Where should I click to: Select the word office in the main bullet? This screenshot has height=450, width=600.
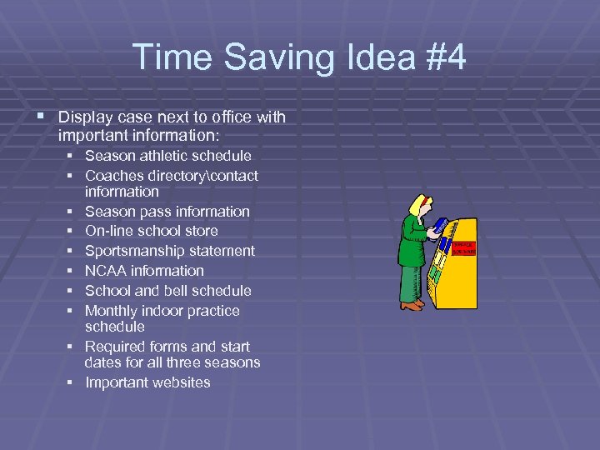234,117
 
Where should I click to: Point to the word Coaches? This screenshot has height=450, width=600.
112,176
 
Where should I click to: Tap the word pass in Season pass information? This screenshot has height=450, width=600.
151,212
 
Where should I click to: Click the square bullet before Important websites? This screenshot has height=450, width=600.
73,383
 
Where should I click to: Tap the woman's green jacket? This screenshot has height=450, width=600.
410,242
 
